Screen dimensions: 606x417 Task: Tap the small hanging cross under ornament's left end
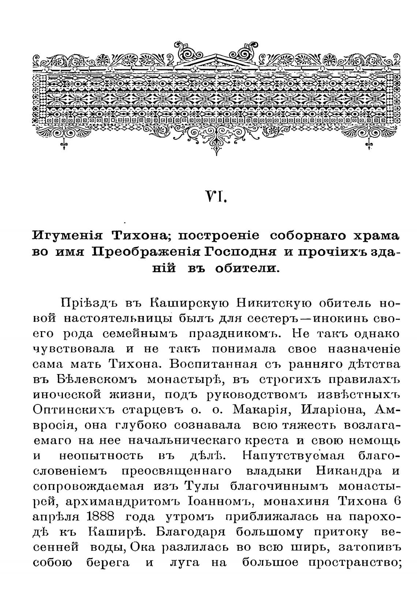click(64, 145)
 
